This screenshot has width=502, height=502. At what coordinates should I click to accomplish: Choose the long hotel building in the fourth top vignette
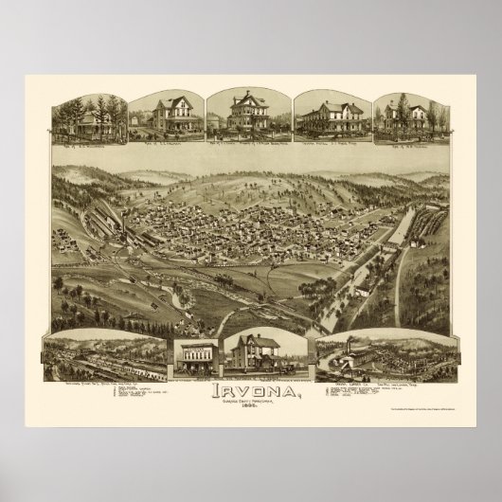click(x=329, y=118)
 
